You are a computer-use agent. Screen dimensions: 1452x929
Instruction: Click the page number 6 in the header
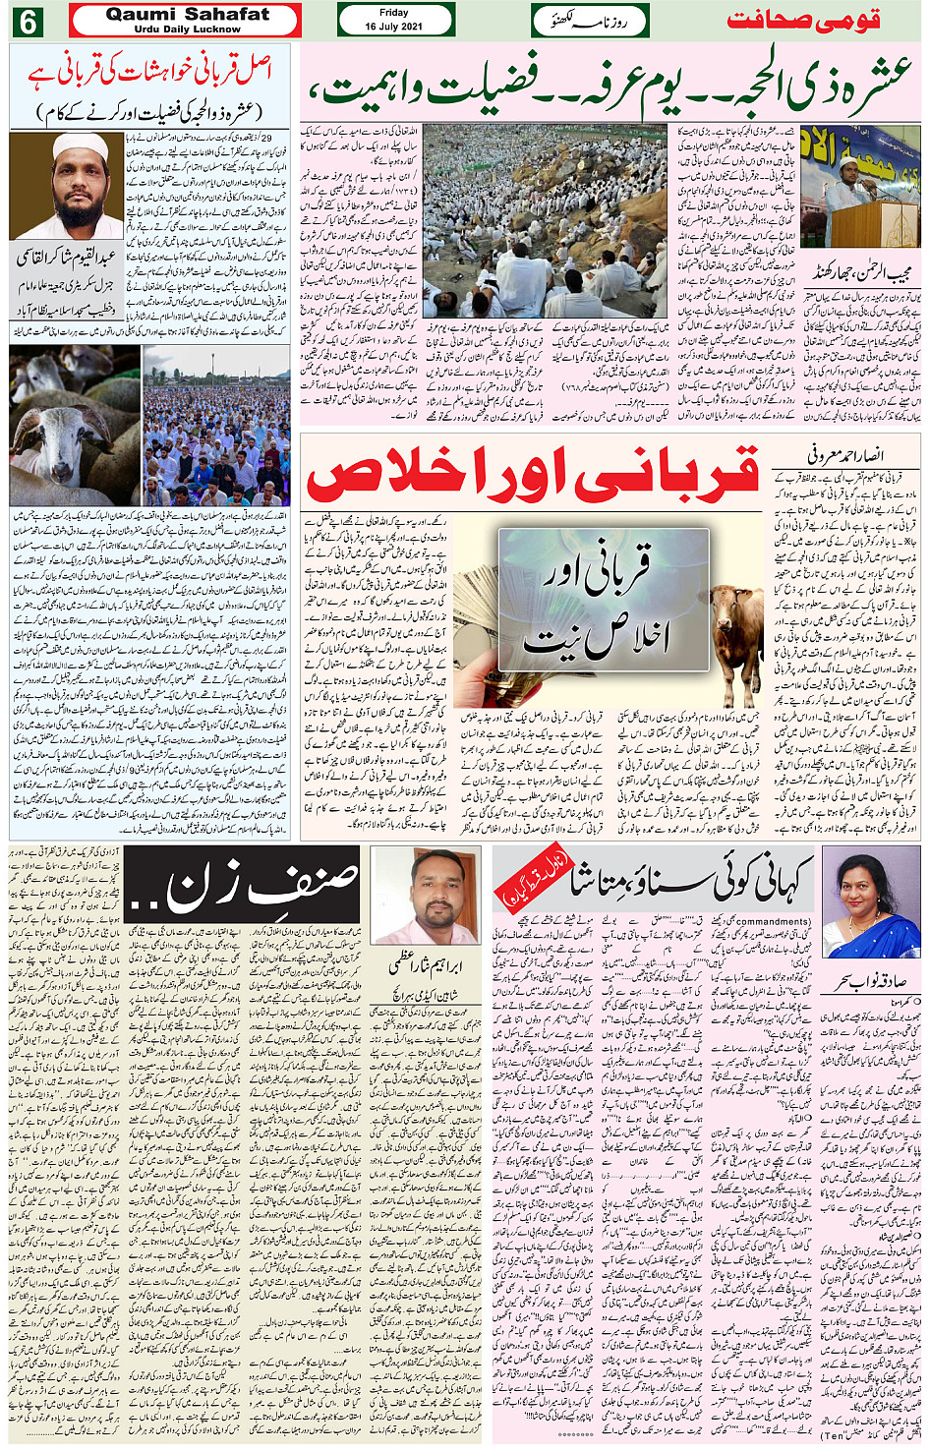[27, 20]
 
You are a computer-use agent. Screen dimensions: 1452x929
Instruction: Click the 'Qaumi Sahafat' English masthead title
[186, 15]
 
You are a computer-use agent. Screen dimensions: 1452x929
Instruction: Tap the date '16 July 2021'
[394, 27]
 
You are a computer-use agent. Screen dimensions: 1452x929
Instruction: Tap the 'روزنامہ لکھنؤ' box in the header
[592, 20]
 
